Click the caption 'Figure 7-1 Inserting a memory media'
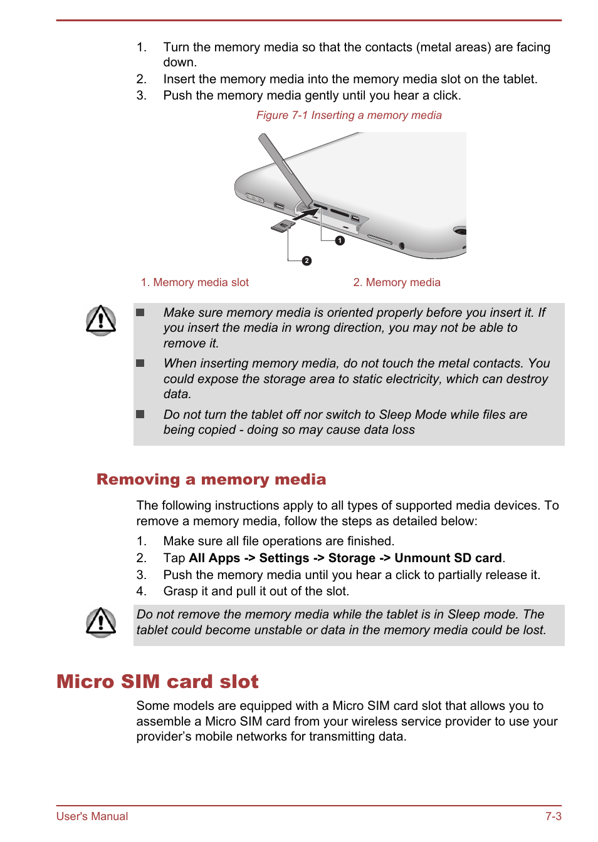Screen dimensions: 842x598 click(349, 115)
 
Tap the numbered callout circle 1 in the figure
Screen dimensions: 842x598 click(340, 240)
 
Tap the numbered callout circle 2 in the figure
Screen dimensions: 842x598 click(307, 261)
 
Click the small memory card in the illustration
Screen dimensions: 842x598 click(283, 225)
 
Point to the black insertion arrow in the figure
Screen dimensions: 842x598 click(305, 215)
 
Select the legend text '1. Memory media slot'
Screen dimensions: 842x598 click(195, 282)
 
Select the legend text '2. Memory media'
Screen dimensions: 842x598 click(397, 282)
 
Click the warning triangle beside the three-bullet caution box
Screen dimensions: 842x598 click(101, 321)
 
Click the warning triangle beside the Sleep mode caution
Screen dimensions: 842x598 click(101, 622)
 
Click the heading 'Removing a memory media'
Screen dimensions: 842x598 click(211, 480)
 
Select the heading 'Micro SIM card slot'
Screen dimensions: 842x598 click(157, 681)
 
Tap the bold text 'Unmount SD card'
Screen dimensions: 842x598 click(448, 558)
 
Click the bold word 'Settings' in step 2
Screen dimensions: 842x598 click(284, 558)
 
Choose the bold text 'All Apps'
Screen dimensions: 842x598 click(214, 558)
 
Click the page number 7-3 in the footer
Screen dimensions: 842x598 click(553, 816)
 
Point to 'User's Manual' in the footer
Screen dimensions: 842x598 click(92, 816)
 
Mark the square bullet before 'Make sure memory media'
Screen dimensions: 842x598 click(140, 312)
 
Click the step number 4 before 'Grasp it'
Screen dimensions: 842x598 click(141, 592)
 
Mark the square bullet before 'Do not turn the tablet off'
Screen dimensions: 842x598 click(140, 414)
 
